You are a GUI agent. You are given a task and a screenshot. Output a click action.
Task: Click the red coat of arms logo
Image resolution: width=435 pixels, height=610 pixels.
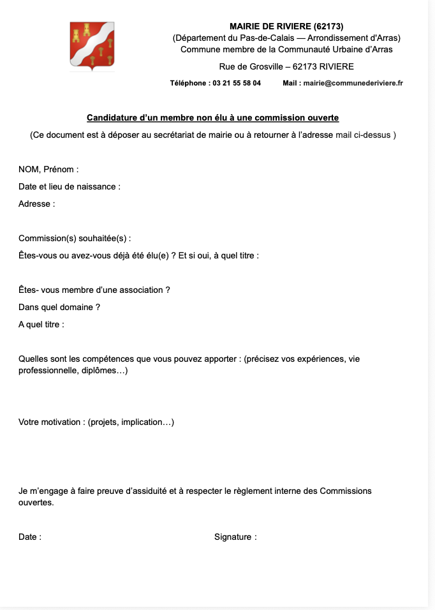pyautogui.click(x=92, y=45)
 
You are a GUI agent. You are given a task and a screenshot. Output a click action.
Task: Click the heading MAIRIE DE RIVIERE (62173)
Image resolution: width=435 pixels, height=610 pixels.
pyautogui.click(x=286, y=26)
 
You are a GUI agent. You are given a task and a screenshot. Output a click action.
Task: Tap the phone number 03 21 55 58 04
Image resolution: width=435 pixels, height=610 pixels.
pyautogui.click(x=236, y=83)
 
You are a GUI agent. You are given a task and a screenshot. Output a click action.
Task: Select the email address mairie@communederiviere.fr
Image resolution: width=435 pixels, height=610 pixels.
pyautogui.click(x=353, y=83)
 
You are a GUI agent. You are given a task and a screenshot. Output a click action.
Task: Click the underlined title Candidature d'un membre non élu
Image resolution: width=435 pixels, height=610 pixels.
pyautogui.click(x=213, y=118)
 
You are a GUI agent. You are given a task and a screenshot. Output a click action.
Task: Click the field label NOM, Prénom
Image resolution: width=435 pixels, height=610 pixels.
pyautogui.click(x=48, y=170)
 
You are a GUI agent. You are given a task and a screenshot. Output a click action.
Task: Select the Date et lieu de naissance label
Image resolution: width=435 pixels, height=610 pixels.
pyautogui.click(x=70, y=187)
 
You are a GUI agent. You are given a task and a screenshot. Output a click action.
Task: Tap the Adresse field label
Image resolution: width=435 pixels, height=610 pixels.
pyautogui.click(x=37, y=204)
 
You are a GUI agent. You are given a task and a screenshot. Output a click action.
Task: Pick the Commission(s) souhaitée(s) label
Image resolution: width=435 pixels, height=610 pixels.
pyautogui.click(x=75, y=239)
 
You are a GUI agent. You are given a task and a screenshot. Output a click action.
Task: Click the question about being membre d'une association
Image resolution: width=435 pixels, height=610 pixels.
pyautogui.click(x=94, y=290)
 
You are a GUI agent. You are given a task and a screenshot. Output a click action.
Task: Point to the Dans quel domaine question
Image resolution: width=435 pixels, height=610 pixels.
pyautogui.click(x=59, y=307)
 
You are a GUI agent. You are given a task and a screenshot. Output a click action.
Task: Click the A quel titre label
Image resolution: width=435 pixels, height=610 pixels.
pyautogui.click(x=41, y=324)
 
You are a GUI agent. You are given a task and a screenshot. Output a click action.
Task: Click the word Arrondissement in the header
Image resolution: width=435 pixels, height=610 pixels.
pyautogui.click(x=344, y=38)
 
